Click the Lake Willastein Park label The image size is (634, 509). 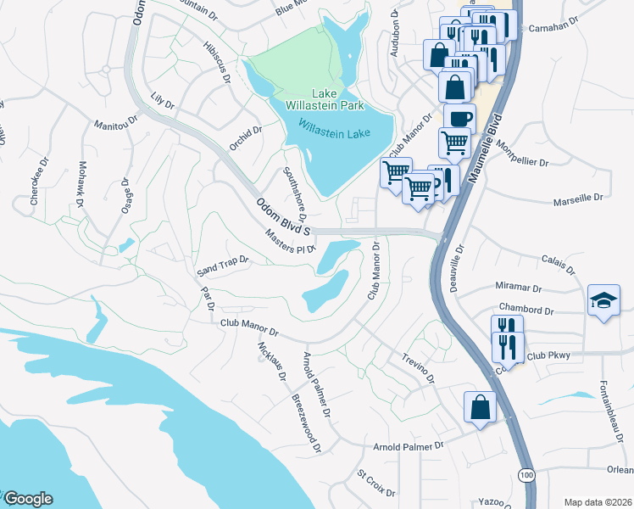tap(325, 99)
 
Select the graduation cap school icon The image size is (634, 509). tap(603, 301)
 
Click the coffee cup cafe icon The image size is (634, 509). tap(459, 119)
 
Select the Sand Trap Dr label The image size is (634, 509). tap(222, 266)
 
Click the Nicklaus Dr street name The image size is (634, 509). tap(271, 361)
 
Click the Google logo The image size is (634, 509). tap(27, 499)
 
